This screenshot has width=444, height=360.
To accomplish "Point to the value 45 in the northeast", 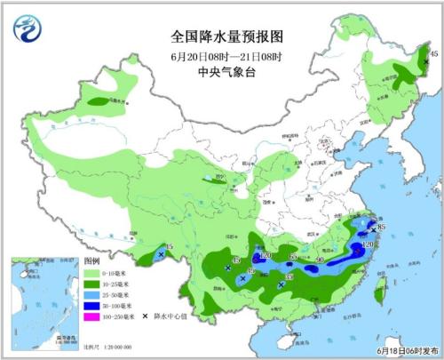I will coord(433,55).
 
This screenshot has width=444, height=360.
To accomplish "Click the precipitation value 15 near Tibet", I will coord(169,247).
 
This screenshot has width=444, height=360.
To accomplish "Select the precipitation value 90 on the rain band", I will coord(321,260).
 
